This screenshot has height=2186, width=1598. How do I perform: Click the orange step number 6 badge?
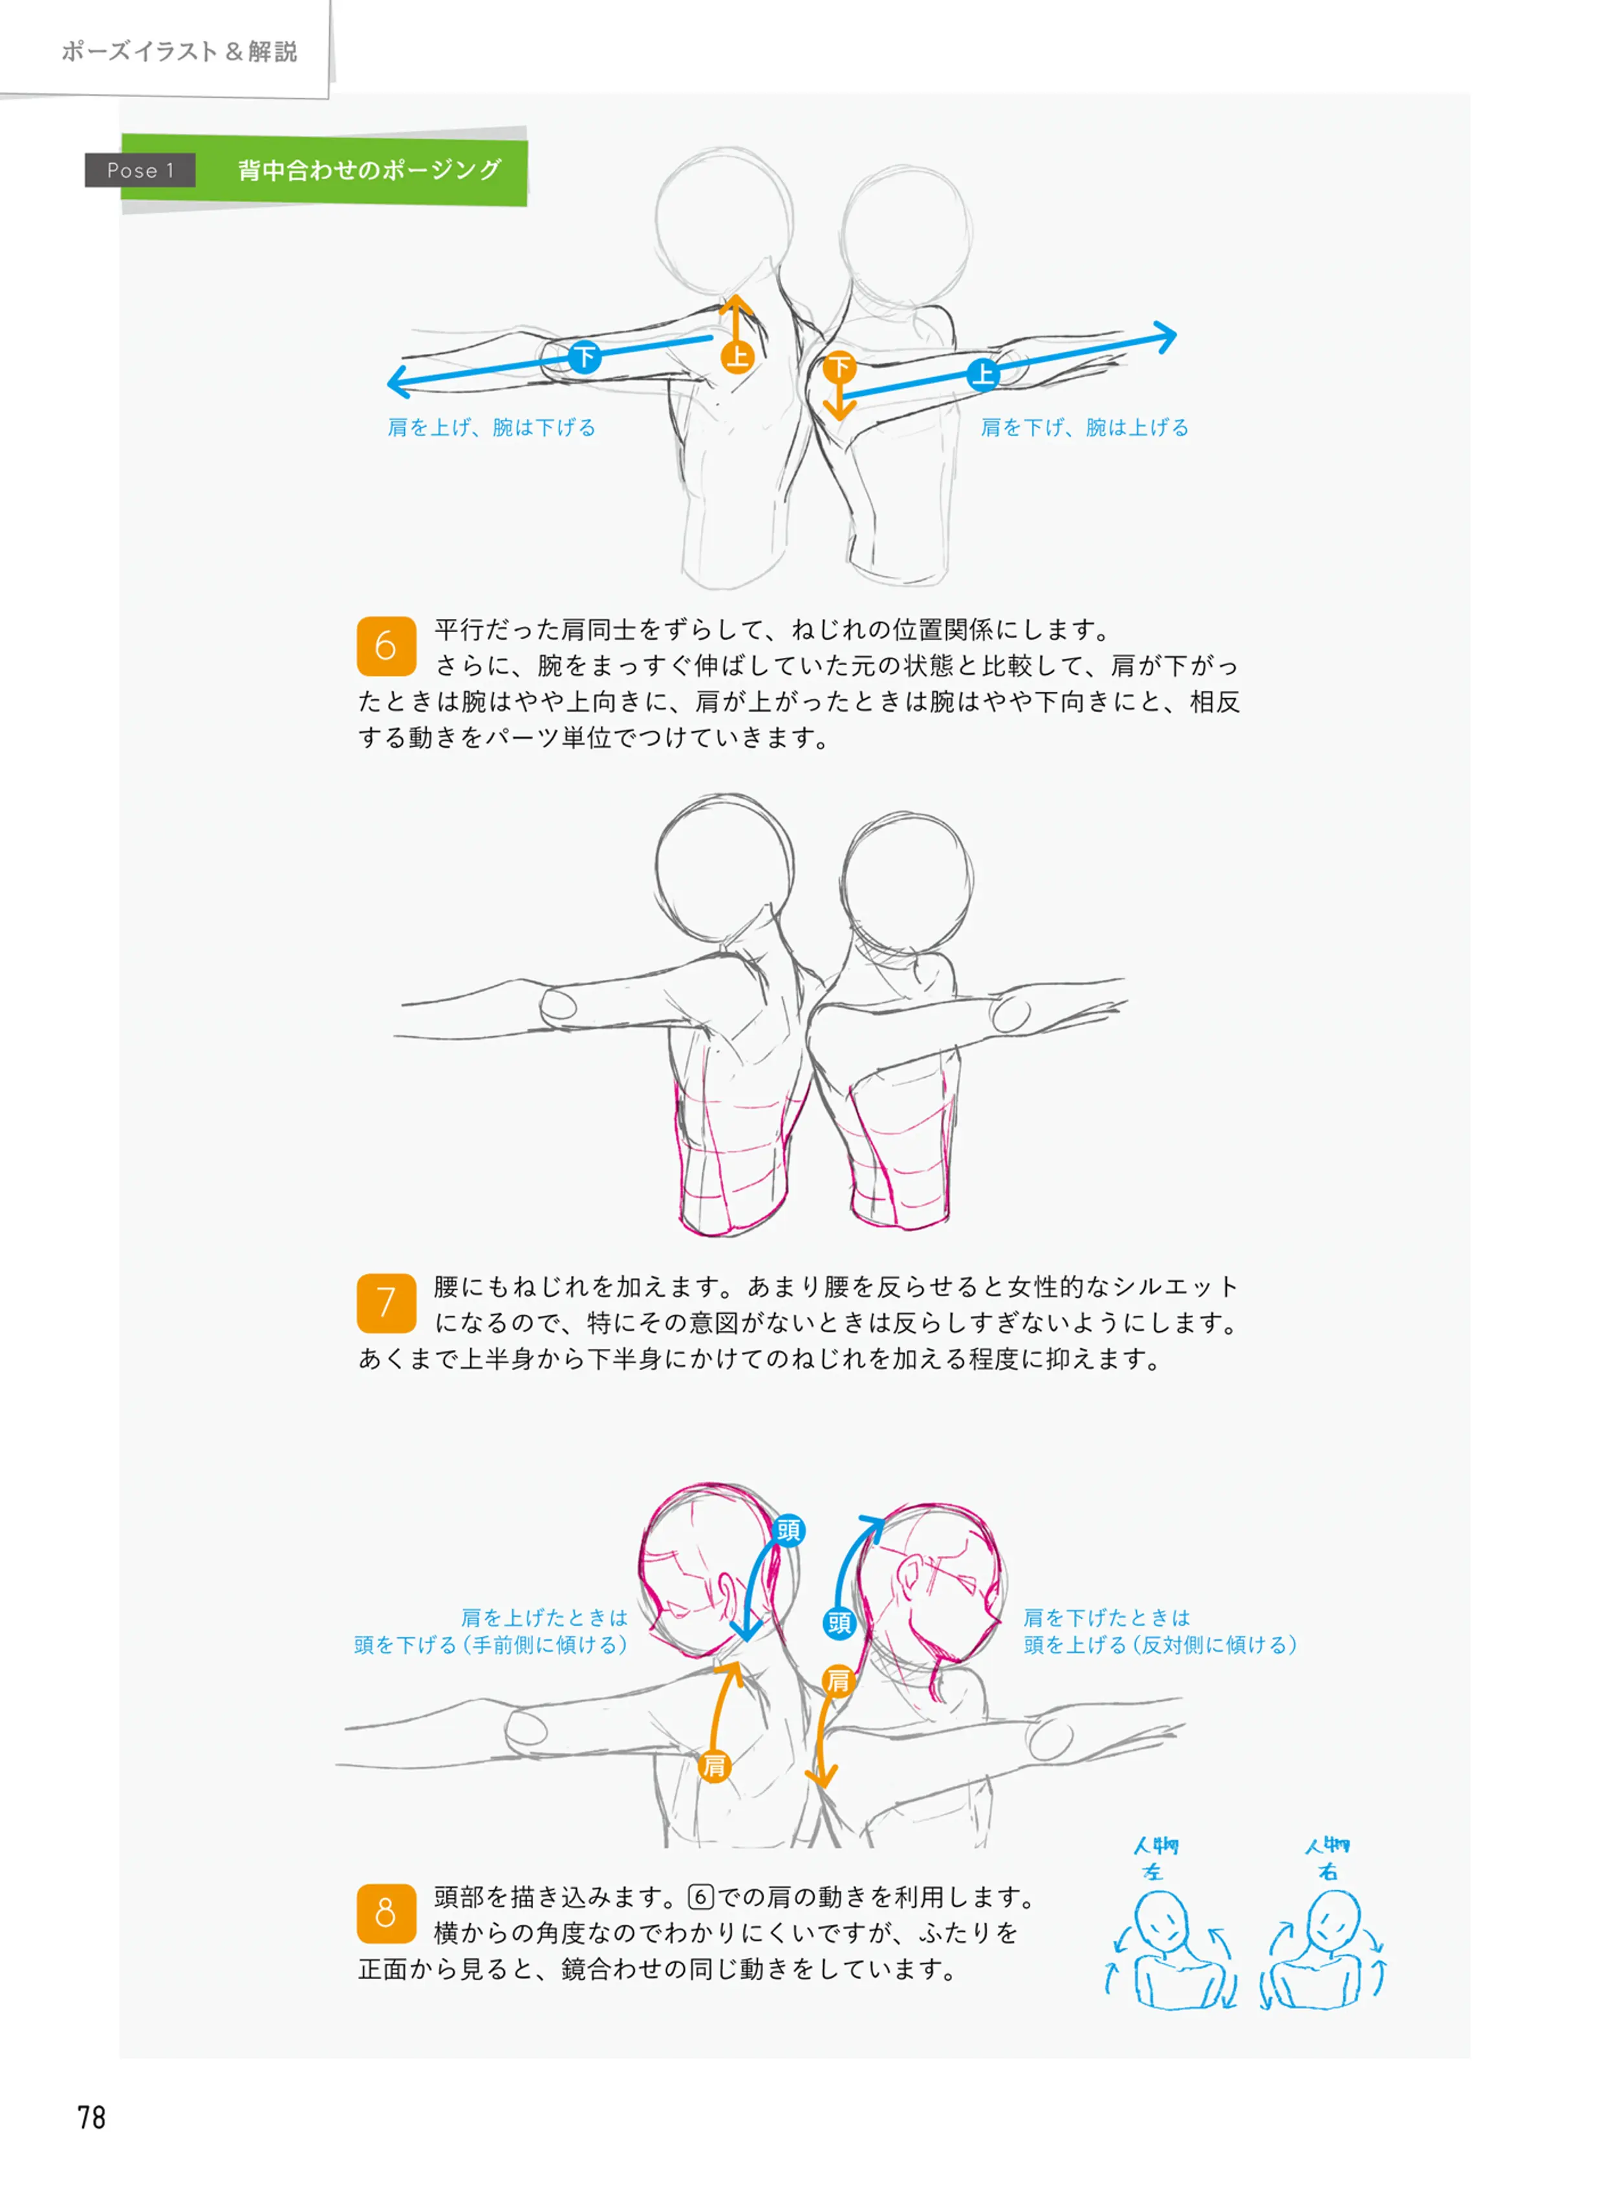point(386,646)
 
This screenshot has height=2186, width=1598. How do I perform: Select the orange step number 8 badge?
point(386,1913)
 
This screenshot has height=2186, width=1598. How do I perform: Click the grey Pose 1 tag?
point(140,170)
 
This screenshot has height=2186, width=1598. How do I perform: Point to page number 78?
point(91,2117)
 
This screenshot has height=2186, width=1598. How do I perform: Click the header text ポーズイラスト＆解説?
point(179,51)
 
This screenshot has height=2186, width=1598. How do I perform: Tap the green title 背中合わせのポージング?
point(369,170)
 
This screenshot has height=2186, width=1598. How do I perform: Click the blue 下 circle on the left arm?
point(584,357)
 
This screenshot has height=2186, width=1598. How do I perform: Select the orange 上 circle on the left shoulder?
point(737,357)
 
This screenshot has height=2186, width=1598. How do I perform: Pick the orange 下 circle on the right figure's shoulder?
point(839,367)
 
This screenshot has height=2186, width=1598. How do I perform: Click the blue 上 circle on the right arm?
point(983,373)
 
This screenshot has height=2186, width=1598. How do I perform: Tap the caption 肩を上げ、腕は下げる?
point(491,428)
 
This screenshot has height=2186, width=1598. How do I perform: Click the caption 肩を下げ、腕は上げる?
point(1085,428)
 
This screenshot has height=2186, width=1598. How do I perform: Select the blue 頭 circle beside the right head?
point(839,1623)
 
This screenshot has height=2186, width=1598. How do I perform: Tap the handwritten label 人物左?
point(1155,1858)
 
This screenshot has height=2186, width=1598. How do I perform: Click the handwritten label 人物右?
point(1327,1858)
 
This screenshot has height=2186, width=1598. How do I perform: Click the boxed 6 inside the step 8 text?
point(700,1897)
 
